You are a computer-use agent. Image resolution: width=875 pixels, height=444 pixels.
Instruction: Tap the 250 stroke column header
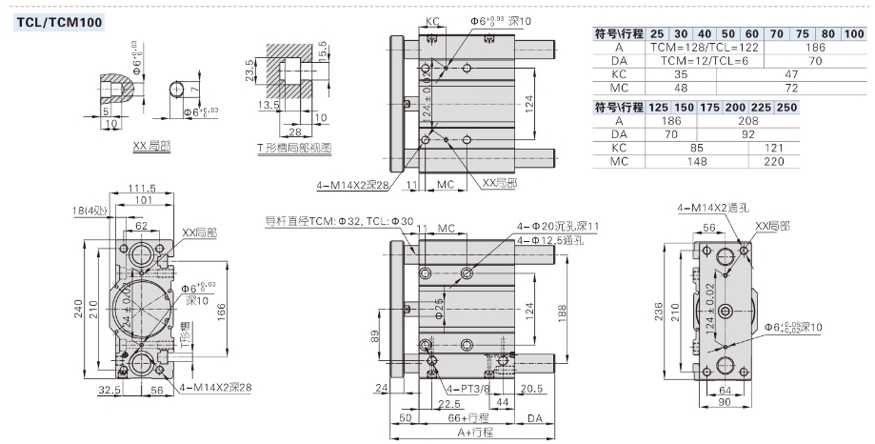point(786,108)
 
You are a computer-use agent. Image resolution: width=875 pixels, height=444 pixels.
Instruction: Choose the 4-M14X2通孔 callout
point(712,206)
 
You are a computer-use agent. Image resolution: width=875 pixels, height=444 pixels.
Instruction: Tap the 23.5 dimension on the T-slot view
point(249,71)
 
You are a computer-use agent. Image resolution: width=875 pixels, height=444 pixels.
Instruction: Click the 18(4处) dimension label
point(94,210)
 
